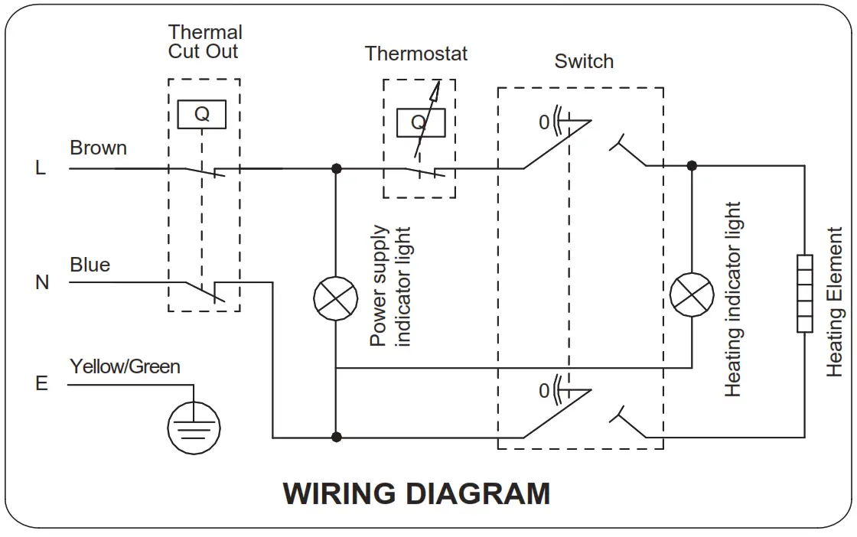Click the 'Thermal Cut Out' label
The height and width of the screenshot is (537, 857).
tap(205, 41)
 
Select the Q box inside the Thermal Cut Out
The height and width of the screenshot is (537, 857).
tap(202, 114)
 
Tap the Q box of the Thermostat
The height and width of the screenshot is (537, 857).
tap(421, 122)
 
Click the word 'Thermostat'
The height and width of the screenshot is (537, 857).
tap(416, 54)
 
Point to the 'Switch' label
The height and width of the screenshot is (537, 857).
tap(584, 61)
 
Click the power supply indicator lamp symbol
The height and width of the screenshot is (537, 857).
tap(336, 298)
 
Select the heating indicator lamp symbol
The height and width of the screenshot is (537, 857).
tap(692, 295)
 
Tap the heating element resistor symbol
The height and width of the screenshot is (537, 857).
tap(804, 293)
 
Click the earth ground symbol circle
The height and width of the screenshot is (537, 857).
tap(194, 428)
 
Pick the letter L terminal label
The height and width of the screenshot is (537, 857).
tap(41, 168)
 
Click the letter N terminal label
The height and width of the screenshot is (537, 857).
tap(42, 282)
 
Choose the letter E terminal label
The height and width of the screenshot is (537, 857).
tap(41, 383)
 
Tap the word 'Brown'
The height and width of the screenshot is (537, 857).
tap(99, 148)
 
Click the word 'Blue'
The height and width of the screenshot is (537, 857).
tap(90, 265)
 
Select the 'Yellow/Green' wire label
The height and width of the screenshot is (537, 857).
tap(125, 366)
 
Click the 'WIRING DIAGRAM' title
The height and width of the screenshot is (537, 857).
tap(416, 493)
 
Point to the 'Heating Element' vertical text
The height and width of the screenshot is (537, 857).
tap(835, 302)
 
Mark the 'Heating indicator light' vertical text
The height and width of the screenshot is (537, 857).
tap(732, 299)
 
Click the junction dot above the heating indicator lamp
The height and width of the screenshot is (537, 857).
tap(692, 165)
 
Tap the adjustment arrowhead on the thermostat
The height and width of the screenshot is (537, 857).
tap(435, 91)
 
